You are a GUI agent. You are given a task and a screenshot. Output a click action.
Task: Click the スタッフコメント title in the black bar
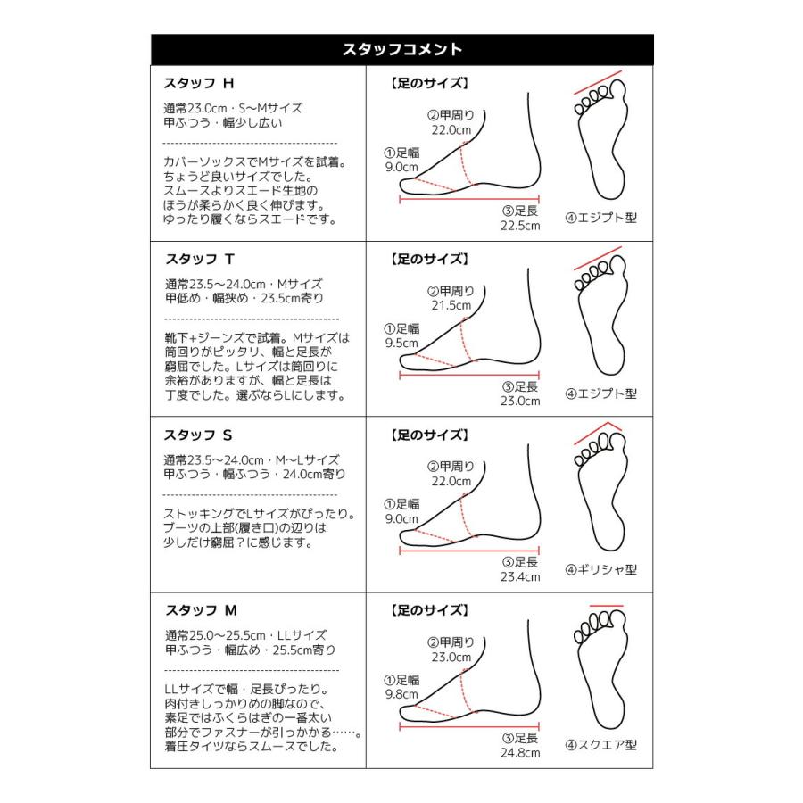point(401,49)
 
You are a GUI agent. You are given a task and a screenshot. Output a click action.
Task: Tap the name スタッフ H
point(199,84)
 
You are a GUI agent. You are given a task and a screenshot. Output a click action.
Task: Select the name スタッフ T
point(199,260)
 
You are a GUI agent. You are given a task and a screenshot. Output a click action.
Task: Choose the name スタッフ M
point(201,611)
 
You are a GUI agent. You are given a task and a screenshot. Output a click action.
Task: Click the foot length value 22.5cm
point(520,226)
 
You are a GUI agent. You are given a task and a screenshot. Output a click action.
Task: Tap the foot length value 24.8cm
point(520,753)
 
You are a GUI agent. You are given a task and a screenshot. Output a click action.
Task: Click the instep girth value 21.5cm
point(451,305)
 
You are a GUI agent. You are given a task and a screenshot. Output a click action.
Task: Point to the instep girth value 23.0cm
point(451,657)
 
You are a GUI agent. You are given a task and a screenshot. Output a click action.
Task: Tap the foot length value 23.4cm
point(520,577)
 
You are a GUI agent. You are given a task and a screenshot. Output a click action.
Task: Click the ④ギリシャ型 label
point(601,569)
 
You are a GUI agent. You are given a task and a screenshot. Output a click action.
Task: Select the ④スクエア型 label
point(601,745)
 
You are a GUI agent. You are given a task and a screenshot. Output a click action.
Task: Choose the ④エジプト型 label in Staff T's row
point(601,393)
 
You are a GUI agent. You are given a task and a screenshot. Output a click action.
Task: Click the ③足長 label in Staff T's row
point(520,386)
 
